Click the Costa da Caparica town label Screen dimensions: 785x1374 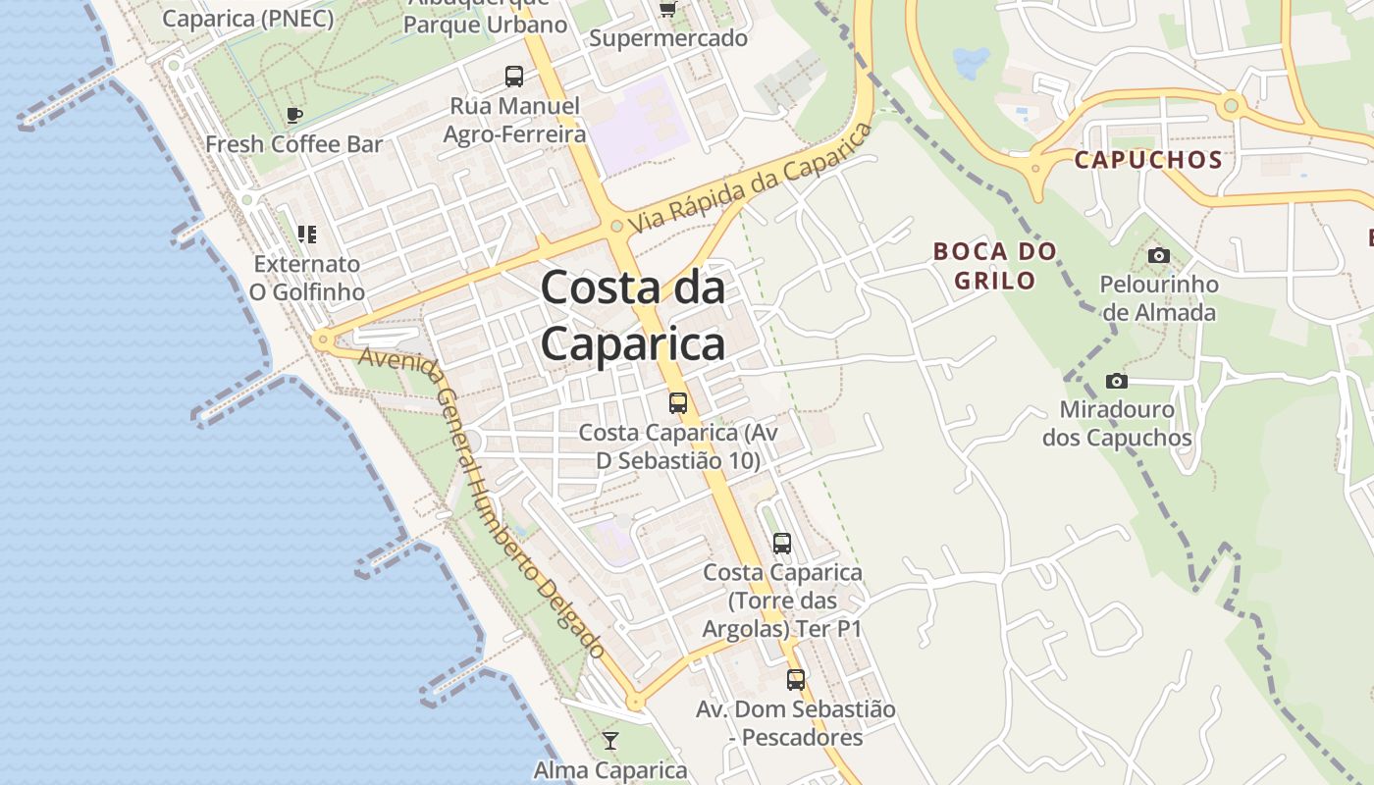click(633, 316)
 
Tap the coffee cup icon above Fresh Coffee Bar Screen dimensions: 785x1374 click(293, 116)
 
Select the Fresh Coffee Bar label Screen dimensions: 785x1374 click(293, 144)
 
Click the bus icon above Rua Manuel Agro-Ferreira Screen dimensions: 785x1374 click(514, 77)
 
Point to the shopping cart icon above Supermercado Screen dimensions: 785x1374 click(668, 10)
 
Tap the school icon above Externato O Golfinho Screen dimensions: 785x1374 click(306, 235)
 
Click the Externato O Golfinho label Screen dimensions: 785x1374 click(306, 278)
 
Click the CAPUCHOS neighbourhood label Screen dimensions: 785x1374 click(1148, 160)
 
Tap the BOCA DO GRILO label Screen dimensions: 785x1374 click(995, 266)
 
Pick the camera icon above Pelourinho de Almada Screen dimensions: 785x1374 click(1159, 256)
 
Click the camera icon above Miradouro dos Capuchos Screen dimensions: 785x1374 click(1116, 381)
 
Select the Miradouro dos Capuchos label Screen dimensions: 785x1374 click(1117, 423)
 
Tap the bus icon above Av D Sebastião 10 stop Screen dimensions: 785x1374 click(677, 402)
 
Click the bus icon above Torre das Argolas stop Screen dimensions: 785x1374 click(782, 543)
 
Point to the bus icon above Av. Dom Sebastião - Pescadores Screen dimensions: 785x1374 click(796, 679)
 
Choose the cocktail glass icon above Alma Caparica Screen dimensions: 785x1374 click(610, 741)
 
